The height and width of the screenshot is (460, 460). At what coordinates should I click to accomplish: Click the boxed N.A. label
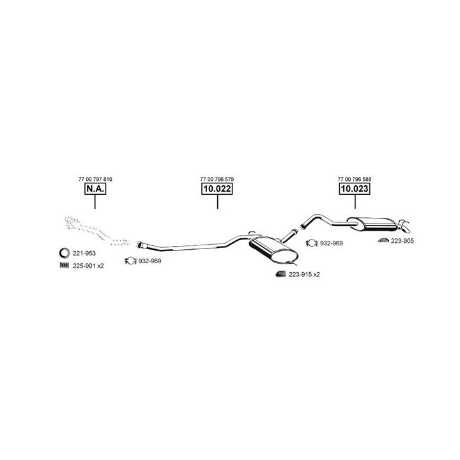click(95, 188)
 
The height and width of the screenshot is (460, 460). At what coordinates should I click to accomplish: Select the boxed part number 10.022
click(217, 188)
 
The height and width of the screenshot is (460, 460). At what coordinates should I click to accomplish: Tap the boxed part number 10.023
click(355, 188)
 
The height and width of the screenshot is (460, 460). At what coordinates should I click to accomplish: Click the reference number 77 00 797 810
click(95, 179)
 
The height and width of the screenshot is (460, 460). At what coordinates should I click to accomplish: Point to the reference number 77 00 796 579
click(217, 179)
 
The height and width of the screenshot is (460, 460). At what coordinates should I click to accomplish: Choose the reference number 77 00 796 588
click(355, 179)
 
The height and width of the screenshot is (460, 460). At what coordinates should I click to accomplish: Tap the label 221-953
click(84, 253)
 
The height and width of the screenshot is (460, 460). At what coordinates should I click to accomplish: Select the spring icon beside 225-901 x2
click(65, 265)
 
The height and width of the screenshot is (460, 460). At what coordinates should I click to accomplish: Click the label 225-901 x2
click(88, 266)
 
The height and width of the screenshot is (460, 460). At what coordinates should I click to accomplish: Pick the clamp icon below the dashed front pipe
click(130, 261)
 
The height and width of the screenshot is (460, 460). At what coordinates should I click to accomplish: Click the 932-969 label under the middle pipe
click(149, 261)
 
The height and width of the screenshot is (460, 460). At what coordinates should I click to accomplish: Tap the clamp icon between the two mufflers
click(312, 243)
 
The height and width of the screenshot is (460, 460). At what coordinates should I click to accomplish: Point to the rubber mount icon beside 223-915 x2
click(280, 274)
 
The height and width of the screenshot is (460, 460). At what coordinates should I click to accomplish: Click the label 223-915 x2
click(304, 275)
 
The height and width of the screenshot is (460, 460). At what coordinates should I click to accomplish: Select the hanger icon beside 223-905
click(383, 240)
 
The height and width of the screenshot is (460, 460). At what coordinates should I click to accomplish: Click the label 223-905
click(402, 241)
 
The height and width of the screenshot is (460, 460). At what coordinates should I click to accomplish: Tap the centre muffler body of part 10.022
click(273, 249)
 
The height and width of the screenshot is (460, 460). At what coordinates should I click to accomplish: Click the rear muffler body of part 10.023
click(372, 224)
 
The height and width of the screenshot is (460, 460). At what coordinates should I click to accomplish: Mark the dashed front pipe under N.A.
click(97, 231)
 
